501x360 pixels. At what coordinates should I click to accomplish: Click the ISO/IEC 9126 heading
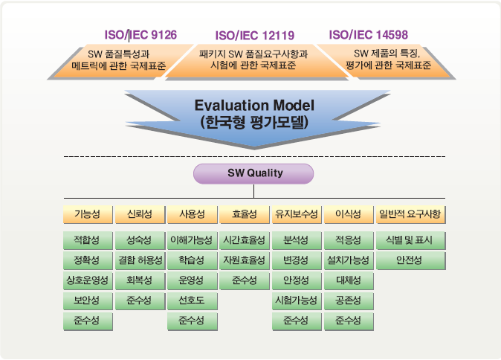(140, 35)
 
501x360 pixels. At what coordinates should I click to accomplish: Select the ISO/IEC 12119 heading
(255, 36)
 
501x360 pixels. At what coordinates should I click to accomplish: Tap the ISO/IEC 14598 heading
(369, 35)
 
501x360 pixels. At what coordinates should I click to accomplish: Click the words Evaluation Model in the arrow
(254, 105)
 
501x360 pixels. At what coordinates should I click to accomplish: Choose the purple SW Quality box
(253, 173)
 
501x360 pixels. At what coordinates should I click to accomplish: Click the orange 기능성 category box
(88, 214)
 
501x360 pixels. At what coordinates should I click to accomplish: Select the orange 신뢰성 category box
(140, 214)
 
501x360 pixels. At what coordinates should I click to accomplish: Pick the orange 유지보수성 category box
(297, 214)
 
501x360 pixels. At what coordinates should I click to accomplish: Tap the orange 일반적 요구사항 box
(410, 214)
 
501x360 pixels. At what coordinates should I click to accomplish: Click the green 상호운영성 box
(88, 280)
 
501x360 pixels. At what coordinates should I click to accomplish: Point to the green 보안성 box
(88, 300)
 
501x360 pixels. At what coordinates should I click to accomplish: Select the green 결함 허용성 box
(140, 260)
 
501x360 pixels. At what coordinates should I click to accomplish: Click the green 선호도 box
(193, 300)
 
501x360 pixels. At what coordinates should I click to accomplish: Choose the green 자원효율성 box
(245, 260)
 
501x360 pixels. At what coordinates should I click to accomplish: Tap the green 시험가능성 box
(297, 300)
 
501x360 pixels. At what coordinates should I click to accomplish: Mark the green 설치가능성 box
(349, 260)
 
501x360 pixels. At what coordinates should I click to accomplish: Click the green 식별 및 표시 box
(410, 240)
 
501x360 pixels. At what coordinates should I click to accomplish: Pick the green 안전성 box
(410, 260)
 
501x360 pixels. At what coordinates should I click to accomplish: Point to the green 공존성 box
(349, 300)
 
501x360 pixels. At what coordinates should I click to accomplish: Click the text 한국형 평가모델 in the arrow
(255, 122)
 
